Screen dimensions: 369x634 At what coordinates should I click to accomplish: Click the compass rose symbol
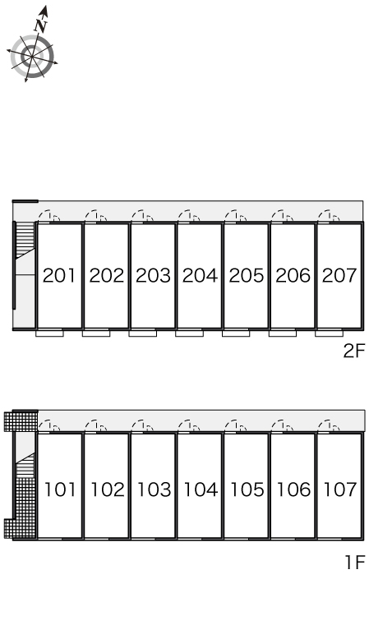[32, 57]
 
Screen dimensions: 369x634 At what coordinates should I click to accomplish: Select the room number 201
[59, 275]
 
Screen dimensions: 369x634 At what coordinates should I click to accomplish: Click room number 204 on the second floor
[200, 275]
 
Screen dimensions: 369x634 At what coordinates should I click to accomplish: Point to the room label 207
[339, 275]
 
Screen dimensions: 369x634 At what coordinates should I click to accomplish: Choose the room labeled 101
[60, 489]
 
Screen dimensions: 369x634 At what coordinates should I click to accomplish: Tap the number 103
[154, 489]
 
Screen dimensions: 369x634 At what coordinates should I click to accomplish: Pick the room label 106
[293, 489]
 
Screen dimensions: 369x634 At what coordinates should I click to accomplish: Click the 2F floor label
[354, 351]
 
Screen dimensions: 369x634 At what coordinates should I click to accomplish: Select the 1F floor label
[355, 563]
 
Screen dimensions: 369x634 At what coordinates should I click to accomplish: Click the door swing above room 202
[96, 216]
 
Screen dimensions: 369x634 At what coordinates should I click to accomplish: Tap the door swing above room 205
[236, 216]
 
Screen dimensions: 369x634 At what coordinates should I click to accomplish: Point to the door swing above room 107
[329, 426]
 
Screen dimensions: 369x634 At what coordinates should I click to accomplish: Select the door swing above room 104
[189, 426]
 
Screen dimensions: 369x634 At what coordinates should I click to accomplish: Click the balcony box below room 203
[143, 333]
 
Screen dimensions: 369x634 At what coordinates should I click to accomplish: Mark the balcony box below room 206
[283, 333]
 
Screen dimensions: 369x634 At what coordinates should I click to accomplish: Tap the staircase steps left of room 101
[25, 465]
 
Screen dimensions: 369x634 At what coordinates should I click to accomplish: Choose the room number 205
[247, 275]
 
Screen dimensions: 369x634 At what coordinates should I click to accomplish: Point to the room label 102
[107, 489]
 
